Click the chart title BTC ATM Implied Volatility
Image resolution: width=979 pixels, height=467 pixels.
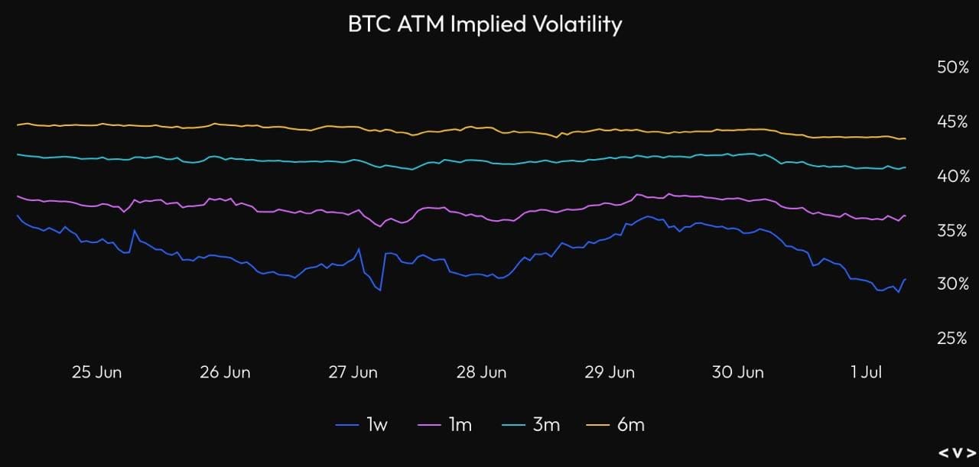[485, 24]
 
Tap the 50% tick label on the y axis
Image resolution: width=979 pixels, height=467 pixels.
[953, 67]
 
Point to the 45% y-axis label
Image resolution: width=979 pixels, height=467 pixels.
[952, 122]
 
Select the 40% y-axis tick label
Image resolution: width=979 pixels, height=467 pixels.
[954, 177]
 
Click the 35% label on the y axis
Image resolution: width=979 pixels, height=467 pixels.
[952, 231]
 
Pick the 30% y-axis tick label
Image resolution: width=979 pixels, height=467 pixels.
[953, 284]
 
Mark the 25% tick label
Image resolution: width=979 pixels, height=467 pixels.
[952, 338]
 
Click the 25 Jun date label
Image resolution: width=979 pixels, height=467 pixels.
[96, 372]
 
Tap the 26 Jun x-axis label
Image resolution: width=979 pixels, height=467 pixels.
[225, 372]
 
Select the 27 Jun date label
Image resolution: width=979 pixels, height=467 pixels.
[353, 372]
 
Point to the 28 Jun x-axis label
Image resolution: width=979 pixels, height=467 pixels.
[481, 372]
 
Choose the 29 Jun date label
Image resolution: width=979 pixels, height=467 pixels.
[610, 372]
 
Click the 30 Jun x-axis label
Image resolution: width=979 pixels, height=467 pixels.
[738, 372]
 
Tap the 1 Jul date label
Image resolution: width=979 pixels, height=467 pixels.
[867, 372]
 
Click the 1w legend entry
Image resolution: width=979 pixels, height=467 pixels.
[362, 425]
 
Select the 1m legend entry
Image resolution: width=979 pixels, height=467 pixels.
[444, 425]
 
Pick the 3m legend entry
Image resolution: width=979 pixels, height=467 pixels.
[531, 425]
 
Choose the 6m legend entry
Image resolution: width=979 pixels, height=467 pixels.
[615, 425]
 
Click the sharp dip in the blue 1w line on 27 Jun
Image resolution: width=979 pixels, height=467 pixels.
[380, 290]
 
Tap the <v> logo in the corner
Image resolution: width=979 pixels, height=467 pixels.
[957, 453]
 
